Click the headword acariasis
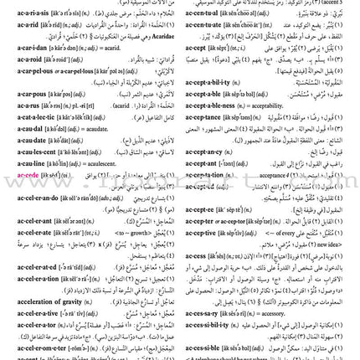[x=29, y=15]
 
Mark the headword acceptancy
[x=205, y=152]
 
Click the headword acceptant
[x=204, y=163]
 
